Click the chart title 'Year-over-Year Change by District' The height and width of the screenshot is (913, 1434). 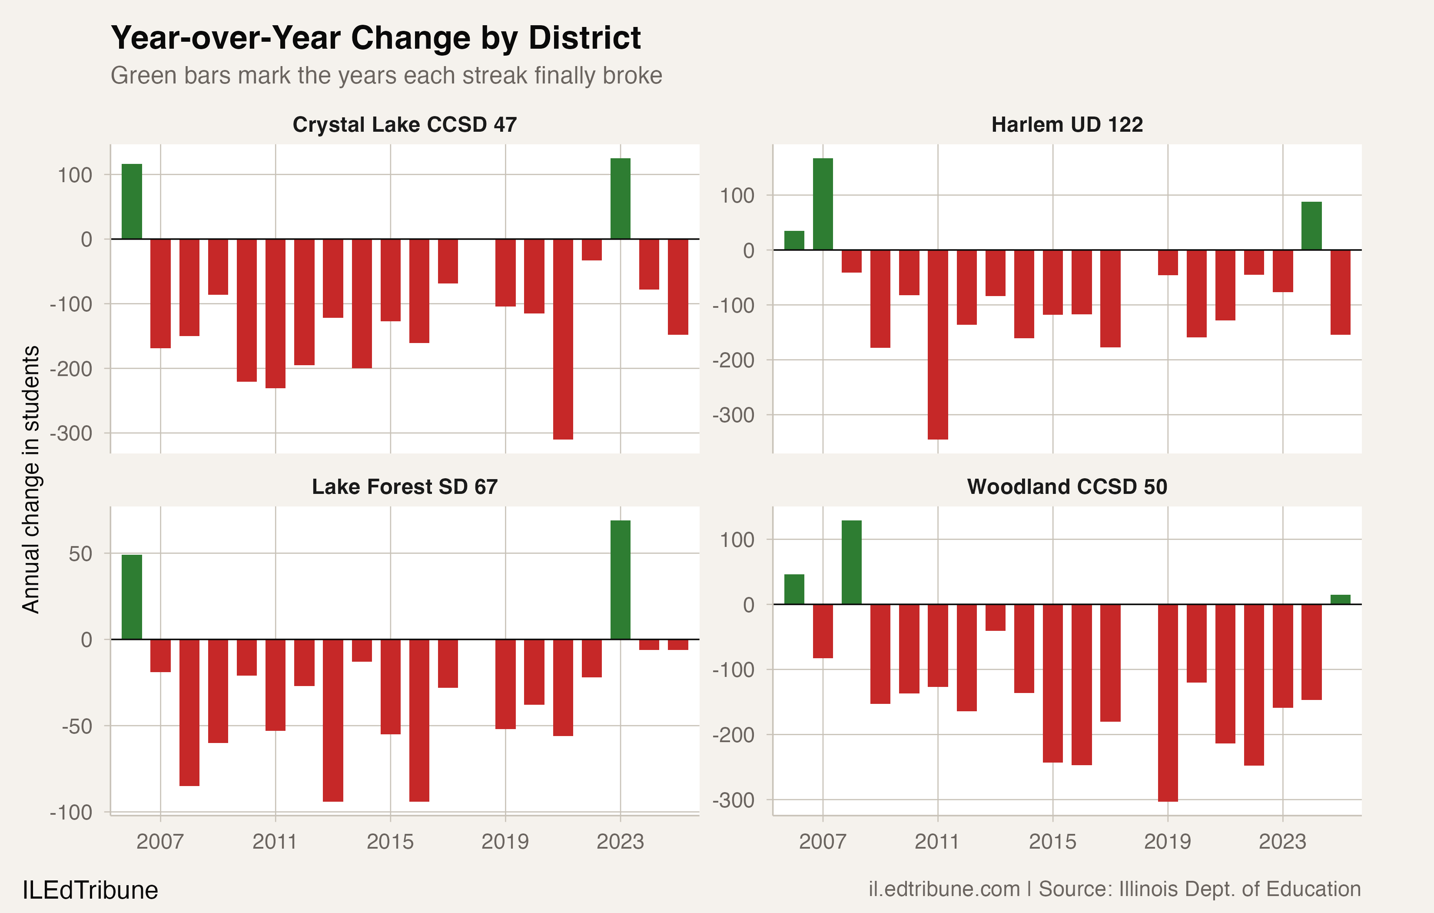(376, 38)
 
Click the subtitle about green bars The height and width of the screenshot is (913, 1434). (386, 76)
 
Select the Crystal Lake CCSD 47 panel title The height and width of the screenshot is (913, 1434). (405, 124)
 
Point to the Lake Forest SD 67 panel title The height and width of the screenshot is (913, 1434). (405, 487)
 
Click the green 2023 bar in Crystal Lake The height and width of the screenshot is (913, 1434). (620, 198)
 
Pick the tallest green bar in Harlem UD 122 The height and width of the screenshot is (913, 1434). (823, 204)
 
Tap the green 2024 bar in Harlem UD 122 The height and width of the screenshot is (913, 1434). (1311, 226)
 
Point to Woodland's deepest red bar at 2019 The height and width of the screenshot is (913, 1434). (1167, 703)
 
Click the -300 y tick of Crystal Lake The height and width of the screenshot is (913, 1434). (71, 433)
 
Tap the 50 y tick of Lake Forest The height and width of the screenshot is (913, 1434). (80, 553)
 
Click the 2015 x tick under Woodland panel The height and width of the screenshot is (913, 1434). (1052, 842)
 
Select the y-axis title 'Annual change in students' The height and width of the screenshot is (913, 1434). (31, 479)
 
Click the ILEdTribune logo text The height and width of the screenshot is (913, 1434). (90, 890)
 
